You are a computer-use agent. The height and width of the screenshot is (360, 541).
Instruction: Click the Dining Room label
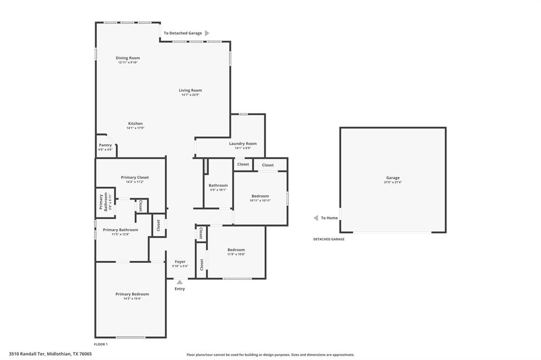pyautogui.click(x=128, y=58)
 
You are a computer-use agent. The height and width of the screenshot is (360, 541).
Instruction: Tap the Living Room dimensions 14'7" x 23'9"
pyautogui.click(x=190, y=95)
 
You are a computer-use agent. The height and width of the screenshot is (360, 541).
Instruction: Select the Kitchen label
pyautogui.click(x=135, y=124)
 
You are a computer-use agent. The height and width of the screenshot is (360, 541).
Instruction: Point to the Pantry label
pyautogui.click(x=105, y=145)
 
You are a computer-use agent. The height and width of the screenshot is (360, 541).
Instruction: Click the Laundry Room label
pyautogui.click(x=242, y=144)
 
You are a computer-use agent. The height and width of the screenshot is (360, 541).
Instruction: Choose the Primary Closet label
pyautogui.click(x=135, y=177)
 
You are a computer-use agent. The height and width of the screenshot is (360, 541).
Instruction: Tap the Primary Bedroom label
pyautogui.click(x=132, y=294)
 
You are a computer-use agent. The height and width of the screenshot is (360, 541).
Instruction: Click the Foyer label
pyautogui.click(x=180, y=262)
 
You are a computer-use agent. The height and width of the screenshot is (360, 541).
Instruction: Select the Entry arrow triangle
pyautogui.click(x=180, y=282)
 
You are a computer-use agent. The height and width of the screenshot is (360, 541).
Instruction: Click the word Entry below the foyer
pyautogui.click(x=180, y=289)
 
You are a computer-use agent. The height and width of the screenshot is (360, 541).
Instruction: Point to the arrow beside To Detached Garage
pyautogui.click(x=207, y=33)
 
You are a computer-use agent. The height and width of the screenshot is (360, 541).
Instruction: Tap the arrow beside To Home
pyautogui.click(x=316, y=218)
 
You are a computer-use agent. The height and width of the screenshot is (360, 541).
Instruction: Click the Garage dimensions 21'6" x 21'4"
pyautogui.click(x=393, y=183)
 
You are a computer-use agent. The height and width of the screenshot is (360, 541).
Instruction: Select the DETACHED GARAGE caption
pyautogui.click(x=329, y=239)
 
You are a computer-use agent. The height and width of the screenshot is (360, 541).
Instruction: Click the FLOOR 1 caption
pyautogui.click(x=100, y=344)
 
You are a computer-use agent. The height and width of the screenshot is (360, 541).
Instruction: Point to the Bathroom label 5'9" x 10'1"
pyautogui.click(x=218, y=185)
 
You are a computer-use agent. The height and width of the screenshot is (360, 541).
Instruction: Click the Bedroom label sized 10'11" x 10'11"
pyautogui.click(x=260, y=196)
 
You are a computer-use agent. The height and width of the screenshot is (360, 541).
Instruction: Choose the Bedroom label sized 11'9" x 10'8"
pyautogui.click(x=236, y=250)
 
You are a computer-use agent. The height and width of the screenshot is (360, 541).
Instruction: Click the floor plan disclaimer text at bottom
pyautogui.click(x=270, y=355)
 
